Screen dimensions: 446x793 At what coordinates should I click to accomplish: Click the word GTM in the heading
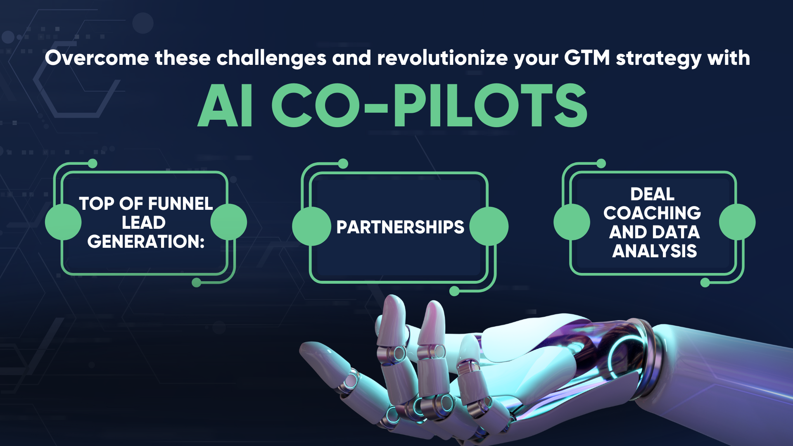(x=587, y=58)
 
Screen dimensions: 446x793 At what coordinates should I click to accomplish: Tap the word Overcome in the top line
(x=97, y=58)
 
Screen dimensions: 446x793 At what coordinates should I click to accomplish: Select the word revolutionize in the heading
(x=442, y=58)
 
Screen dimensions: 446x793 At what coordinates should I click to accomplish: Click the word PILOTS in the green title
(x=490, y=106)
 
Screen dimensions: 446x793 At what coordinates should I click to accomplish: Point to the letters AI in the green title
(x=226, y=106)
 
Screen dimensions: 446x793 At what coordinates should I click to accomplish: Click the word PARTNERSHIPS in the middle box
(x=400, y=227)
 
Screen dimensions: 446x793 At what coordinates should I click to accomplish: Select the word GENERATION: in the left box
(x=146, y=242)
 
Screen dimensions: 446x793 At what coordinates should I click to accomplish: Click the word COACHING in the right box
(x=652, y=213)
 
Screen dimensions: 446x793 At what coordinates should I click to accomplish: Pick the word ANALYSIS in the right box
(x=655, y=251)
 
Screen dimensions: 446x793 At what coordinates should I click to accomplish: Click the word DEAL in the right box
(x=652, y=194)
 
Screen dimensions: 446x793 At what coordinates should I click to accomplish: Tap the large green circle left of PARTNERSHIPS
(x=311, y=226)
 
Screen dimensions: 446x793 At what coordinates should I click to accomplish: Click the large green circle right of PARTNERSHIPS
(x=489, y=226)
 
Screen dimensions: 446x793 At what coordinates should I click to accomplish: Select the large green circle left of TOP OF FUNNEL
(x=63, y=222)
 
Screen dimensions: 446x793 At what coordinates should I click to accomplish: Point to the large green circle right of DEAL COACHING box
(x=737, y=222)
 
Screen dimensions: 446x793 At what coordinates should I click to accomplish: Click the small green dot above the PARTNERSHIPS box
(x=343, y=164)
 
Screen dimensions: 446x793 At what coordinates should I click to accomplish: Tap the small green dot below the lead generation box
(x=197, y=282)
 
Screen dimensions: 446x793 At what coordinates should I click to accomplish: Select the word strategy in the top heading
(x=658, y=58)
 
